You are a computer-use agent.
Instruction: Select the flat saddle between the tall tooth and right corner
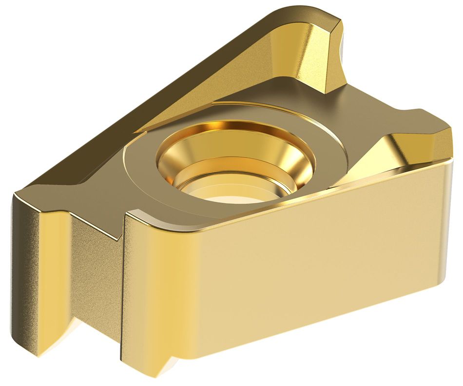pyautogui.click(x=380, y=107)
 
